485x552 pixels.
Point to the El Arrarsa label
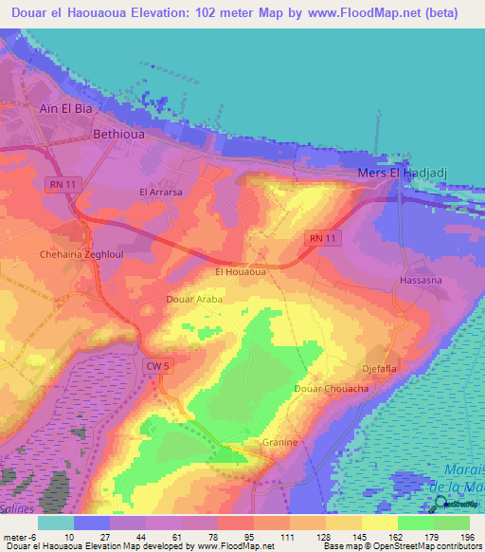pyautogui.click(x=161, y=192)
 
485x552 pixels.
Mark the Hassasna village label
pyautogui.click(x=422, y=282)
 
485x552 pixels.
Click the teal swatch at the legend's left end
pyautogui.click(x=55, y=523)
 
